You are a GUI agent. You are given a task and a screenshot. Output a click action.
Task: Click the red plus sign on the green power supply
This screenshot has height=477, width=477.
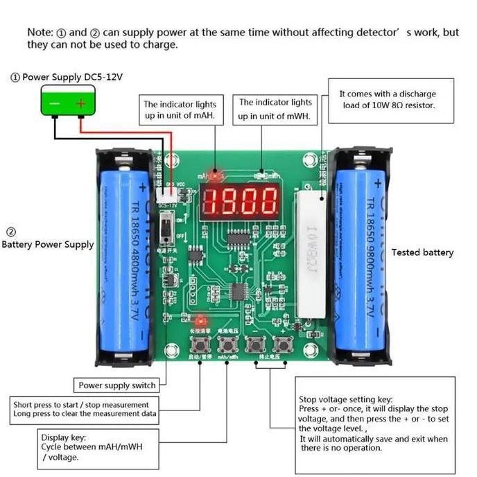pyautogui.click(x=80, y=104)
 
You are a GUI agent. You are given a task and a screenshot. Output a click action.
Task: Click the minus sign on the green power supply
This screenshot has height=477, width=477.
pyautogui.click(x=53, y=104)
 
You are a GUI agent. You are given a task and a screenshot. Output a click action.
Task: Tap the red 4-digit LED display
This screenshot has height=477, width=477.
pyautogui.click(x=241, y=202)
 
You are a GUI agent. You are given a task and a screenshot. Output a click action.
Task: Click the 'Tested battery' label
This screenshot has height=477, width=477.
pyautogui.click(x=422, y=252)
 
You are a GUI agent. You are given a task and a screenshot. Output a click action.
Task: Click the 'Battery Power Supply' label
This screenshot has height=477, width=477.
pyautogui.click(x=47, y=244)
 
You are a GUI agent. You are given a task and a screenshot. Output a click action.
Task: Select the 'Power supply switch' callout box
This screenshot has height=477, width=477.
pyautogui.click(x=117, y=385)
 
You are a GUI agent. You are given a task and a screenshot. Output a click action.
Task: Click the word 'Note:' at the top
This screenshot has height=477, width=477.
pyautogui.click(x=40, y=33)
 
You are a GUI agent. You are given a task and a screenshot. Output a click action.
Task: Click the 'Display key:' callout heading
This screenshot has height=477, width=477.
pyautogui.click(x=63, y=437)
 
